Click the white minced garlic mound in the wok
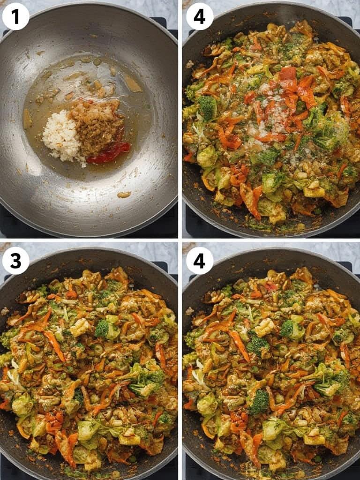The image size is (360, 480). coord(61,137)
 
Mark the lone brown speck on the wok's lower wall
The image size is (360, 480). coord(124,194)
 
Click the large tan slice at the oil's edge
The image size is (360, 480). coord(132,84)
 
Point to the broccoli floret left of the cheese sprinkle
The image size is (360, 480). coord(207,108)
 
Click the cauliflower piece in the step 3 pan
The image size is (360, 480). coord(81,327)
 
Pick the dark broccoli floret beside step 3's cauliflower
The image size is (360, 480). coord(102,329)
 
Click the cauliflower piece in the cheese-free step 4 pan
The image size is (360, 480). coord(265,327)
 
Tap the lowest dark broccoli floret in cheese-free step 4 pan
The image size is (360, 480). coord(259,402)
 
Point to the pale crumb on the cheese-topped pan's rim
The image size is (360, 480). coord(190,64)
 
